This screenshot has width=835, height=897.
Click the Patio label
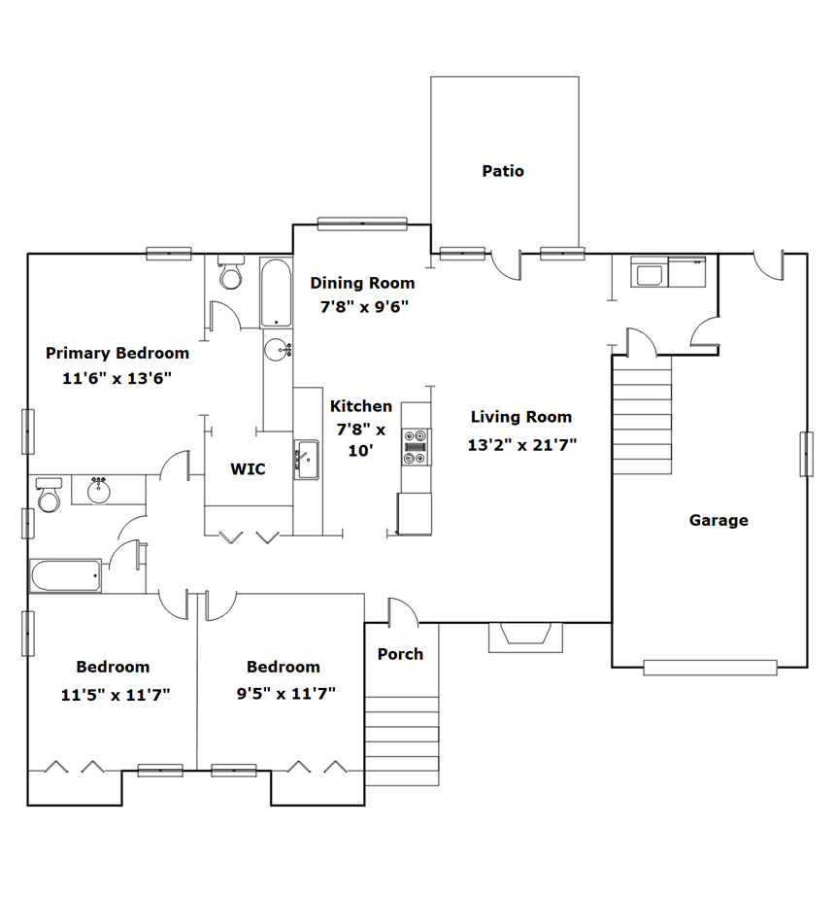pos(503,171)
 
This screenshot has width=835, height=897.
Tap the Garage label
pos(718,520)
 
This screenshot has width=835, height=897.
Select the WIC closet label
pos(248,469)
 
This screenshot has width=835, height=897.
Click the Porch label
pos(400,654)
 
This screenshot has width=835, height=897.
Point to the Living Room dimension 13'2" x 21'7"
pos(521,444)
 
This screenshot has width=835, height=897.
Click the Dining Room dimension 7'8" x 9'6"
pos(364,307)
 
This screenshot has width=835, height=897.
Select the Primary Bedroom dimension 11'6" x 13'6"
pos(117,378)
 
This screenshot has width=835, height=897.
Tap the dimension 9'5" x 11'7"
pos(285,693)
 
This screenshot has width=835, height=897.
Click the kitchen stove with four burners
pos(417,447)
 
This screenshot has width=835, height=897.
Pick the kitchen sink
pos(307,460)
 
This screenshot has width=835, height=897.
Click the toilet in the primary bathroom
pos(231,273)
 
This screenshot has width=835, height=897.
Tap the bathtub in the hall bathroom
pos(66,575)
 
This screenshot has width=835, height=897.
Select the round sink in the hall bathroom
pos(99,490)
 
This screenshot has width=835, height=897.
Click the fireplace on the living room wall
pos(525,638)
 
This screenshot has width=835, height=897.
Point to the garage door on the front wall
pos(710,667)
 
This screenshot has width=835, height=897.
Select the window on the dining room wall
pos(362,224)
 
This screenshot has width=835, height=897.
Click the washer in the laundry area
pos(649,271)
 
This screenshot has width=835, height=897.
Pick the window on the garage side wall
pos(806,454)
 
